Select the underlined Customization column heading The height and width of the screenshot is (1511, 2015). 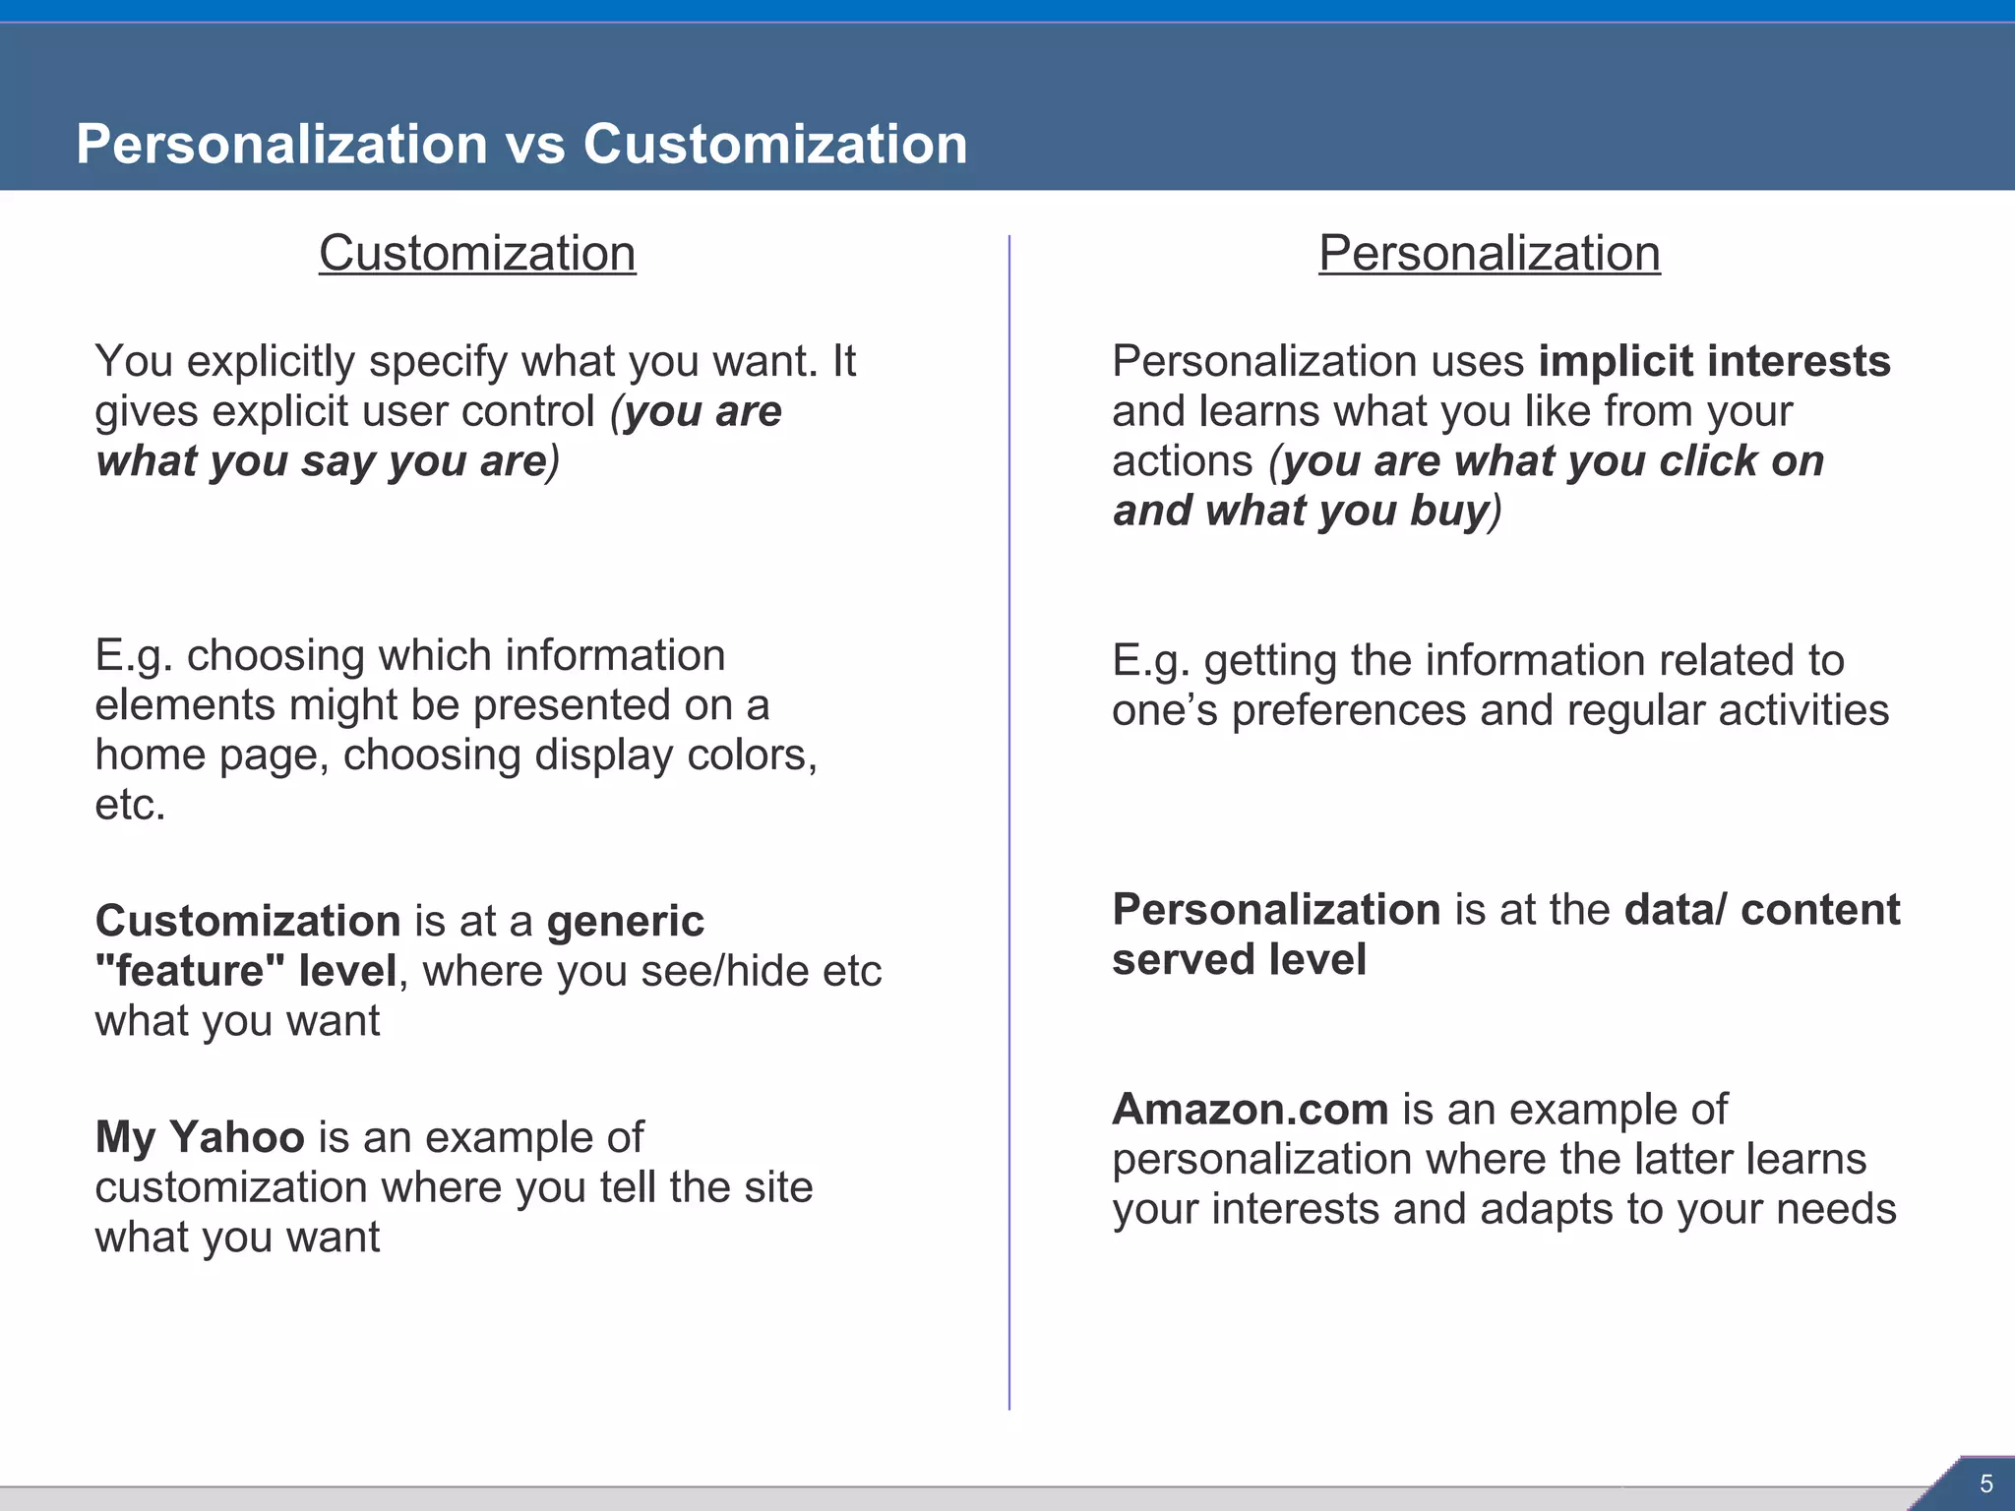pos(477,253)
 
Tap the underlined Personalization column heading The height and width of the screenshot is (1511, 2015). pos(1489,253)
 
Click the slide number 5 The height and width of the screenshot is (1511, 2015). pos(1985,1483)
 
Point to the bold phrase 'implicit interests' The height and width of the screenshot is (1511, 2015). pos(1714,361)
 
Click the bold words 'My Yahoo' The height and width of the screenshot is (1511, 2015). pos(200,1137)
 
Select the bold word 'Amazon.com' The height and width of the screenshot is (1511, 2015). pos(1250,1110)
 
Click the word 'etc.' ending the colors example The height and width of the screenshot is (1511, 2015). pos(130,805)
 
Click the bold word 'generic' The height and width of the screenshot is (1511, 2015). pos(626,921)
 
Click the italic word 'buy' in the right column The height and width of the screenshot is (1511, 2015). pos(1448,511)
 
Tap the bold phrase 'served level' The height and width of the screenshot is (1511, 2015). pos(1239,959)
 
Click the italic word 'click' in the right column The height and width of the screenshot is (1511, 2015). pos(1706,461)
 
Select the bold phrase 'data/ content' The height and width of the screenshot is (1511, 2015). pos(1761,910)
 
